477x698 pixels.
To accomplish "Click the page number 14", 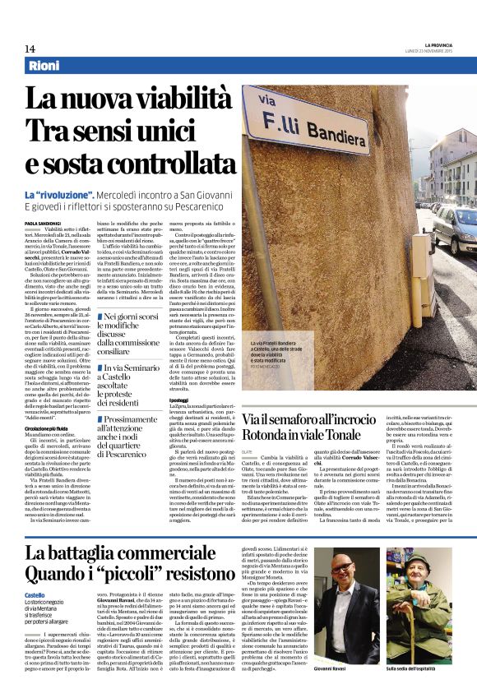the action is pos(30,48).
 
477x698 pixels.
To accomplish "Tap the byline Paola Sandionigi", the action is pos(42,223).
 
